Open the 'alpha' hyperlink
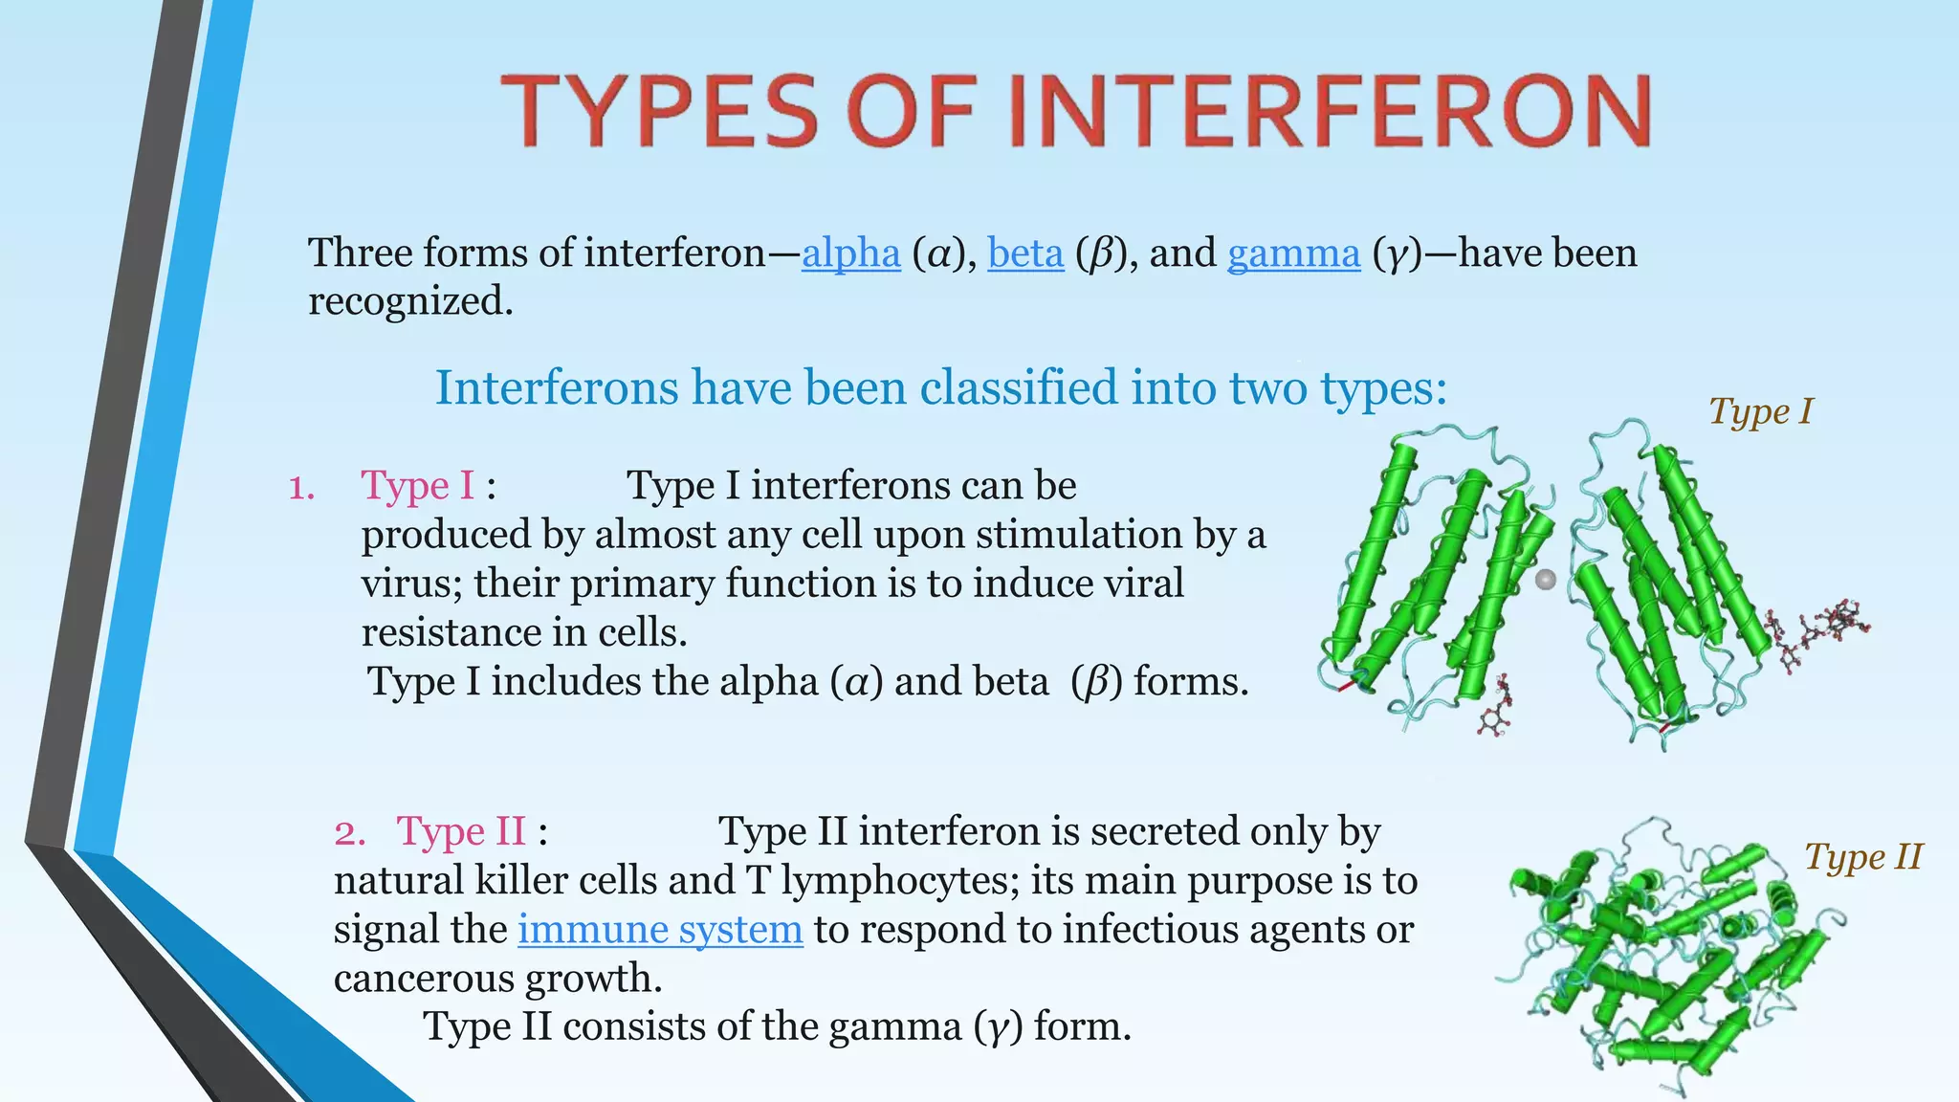850,253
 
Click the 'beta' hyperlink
1025,253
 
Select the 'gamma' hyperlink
1293,254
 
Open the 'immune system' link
660,930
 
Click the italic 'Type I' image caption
1760,411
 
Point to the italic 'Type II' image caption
1862,857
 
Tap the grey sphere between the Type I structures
1545,579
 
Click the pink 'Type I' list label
418,486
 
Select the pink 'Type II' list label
461,831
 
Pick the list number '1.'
301,489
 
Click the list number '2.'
349,833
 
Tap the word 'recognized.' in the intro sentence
410,301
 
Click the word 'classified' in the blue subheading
1018,387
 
